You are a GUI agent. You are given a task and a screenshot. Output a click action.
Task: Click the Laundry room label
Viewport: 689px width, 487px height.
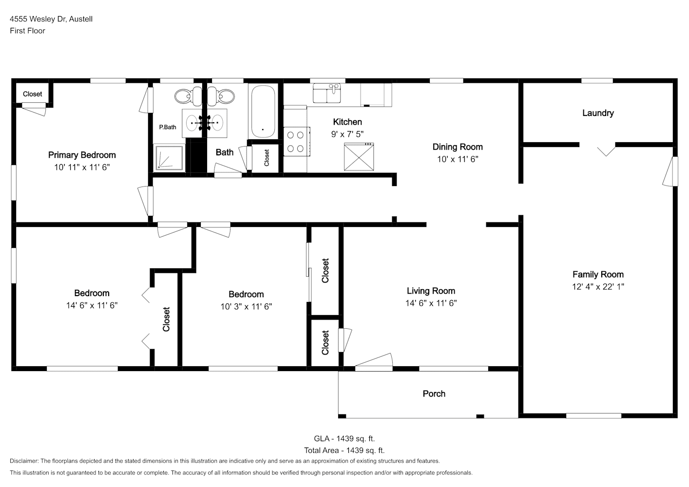598,113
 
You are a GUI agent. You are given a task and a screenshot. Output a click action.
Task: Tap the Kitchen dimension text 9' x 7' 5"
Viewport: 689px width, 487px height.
347,134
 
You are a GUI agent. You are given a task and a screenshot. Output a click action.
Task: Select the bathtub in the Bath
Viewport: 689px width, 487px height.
263,112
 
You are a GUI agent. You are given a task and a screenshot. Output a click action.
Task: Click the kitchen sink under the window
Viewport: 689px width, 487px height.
326,93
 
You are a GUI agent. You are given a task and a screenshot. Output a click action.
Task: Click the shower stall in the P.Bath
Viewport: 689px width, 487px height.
169,157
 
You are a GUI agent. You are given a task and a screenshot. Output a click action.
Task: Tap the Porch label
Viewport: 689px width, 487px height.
434,394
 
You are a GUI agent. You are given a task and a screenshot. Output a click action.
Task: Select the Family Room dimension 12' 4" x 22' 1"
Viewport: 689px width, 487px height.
598,286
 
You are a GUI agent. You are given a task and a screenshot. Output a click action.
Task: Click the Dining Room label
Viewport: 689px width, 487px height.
458,147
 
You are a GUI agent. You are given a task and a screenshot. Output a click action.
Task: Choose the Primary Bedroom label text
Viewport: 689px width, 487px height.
82,155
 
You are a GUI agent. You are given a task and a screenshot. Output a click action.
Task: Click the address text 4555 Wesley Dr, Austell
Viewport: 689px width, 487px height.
51,19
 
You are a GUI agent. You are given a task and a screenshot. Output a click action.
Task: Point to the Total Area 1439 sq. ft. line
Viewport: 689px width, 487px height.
344,450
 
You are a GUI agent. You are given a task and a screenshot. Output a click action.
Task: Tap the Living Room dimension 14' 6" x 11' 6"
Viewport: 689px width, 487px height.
431,303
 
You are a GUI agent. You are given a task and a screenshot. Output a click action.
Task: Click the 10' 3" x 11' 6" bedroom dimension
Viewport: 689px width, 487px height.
246,306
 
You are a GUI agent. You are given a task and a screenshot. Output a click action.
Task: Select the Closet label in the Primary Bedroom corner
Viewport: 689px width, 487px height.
32,94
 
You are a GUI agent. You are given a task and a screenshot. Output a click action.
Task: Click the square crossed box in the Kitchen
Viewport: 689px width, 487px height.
359,156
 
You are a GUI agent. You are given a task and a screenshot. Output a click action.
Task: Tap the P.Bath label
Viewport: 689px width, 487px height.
168,127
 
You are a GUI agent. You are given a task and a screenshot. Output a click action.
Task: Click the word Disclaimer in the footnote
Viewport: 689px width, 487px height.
24,461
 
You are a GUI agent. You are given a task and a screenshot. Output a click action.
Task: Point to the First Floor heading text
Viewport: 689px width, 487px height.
27,31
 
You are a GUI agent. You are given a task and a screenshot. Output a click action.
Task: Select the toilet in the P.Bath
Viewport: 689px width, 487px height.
188,96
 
